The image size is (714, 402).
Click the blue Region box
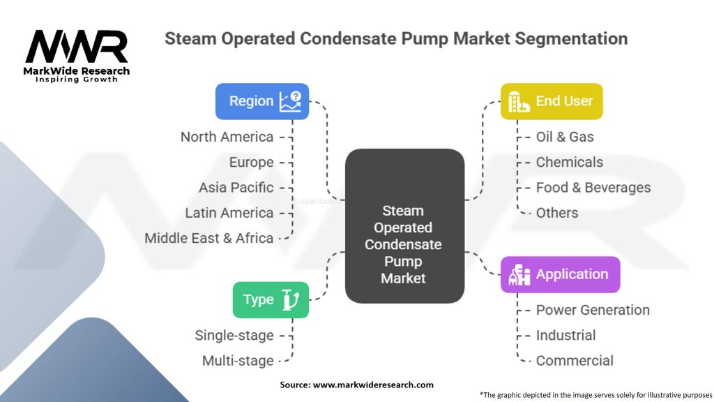click(261, 101)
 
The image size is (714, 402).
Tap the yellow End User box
click(552, 101)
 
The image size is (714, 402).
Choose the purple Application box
click(560, 274)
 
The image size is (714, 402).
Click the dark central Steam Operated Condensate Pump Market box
click(404, 226)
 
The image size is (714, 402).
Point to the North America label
click(227, 137)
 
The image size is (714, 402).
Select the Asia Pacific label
click(236, 188)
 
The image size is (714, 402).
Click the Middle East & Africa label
click(208, 238)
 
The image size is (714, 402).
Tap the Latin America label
click(229, 213)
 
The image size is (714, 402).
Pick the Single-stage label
click(234, 336)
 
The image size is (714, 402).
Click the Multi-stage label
click(237, 361)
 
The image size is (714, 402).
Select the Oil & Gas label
click(565, 137)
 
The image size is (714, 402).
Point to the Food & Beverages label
click(593, 188)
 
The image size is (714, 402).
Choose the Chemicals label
click(569, 162)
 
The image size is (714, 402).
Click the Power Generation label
click(593, 310)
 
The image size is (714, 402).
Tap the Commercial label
click(575, 361)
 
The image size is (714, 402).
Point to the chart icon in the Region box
click(290, 101)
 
